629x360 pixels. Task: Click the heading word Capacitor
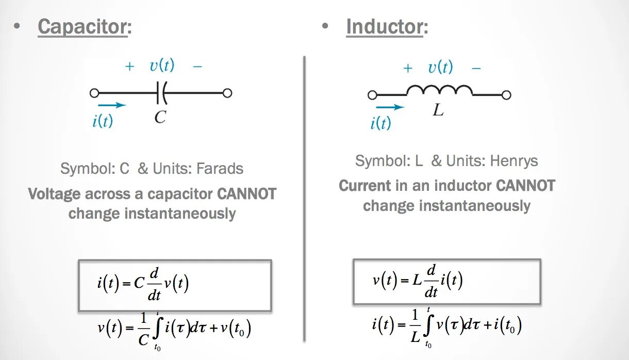point(82,27)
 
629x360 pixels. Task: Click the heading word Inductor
point(385,27)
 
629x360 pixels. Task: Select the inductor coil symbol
point(439,91)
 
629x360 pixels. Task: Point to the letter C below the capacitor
point(160,118)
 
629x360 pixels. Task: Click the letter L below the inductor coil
point(438,110)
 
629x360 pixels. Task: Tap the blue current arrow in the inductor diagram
point(390,107)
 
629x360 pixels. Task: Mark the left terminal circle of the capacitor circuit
point(94,93)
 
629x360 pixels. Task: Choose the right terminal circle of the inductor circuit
point(506,95)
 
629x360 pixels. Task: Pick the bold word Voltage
point(54,194)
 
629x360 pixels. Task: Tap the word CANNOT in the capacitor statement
point(246,194)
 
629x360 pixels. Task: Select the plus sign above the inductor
point(408,68)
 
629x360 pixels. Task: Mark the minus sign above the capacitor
point(197,67)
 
